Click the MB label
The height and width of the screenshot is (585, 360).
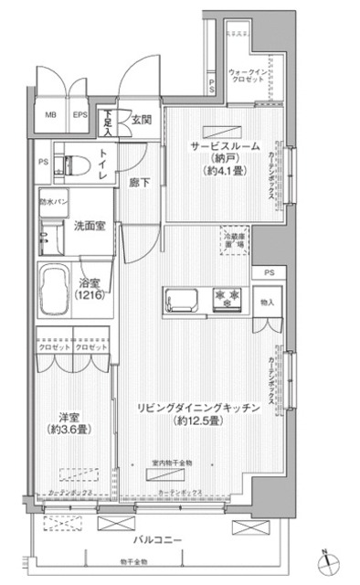point(52,116)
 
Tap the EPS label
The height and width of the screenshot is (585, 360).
point(80,116)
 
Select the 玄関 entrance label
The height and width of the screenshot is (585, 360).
point(141,118)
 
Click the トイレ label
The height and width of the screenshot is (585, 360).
point(103,165)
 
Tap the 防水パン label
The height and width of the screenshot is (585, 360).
point(51,201)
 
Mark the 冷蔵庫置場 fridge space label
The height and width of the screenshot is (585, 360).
point(235,239)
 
